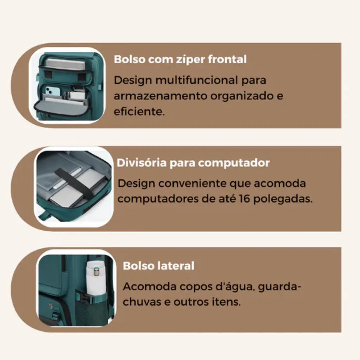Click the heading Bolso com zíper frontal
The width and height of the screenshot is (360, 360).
(180, 59)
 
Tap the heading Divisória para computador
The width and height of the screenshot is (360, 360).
(193, 163)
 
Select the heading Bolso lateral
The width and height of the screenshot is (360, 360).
(158, 266)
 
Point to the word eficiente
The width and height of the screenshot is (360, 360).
(139, 112)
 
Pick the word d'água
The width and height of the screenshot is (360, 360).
(237, 287)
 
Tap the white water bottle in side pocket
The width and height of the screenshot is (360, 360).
(96, 278)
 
